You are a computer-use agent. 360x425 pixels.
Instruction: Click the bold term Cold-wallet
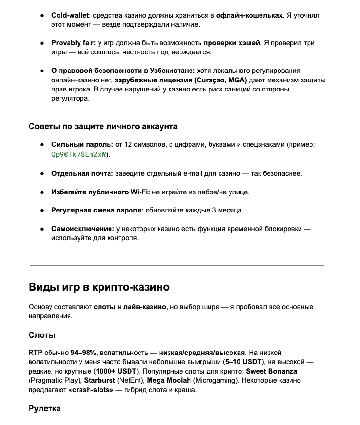[x=71, y=15]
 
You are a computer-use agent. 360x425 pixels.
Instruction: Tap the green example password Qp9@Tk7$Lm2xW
[x=80, y=155]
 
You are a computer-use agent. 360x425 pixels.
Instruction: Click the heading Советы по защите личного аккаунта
[x=103, y=126]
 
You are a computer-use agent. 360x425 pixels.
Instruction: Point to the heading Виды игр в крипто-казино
[x=99, y=287]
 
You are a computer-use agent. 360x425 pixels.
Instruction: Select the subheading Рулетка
[x=44, y=408]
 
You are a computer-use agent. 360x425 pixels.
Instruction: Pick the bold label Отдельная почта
[x=82, y=173]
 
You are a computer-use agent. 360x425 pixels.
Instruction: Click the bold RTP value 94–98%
[x=84, y=353]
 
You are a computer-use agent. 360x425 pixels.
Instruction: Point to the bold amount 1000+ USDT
[x=115, y=371]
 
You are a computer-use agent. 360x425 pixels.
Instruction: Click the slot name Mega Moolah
[x=169, y=380]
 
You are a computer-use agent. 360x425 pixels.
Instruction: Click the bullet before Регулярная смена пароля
[x=42, y=210]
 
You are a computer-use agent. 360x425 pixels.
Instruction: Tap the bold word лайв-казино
[x=144, y=307]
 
